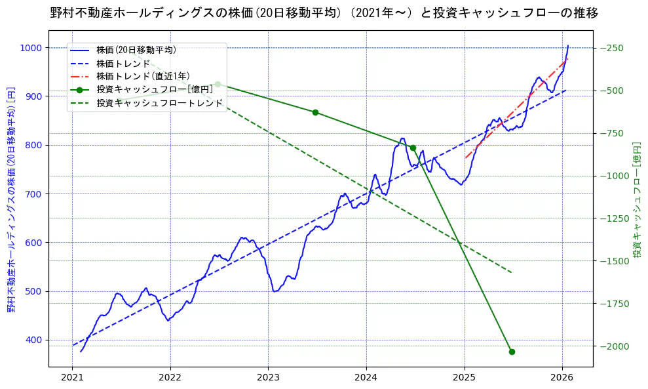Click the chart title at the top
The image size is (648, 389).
click(x=324, y=12)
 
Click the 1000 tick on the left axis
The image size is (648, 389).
click(x=31, y=48)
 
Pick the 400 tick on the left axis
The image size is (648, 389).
click(x=34, y=340)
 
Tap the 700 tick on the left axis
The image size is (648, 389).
click(x=34, y=194)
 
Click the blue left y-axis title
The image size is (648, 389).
click(x=11, y=199)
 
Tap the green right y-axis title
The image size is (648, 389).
click(x=636, y=199)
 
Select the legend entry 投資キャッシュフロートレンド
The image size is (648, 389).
click(x=160, y=103)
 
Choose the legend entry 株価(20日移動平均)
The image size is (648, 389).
click(x=136, y=49)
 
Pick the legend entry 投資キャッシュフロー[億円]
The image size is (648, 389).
click(x=155, y=89)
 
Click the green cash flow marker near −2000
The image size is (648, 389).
click(x=512, y=352)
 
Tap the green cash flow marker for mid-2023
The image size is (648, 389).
click(x=315, y=112)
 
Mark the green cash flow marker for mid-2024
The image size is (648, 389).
click(x=413, y=148)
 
